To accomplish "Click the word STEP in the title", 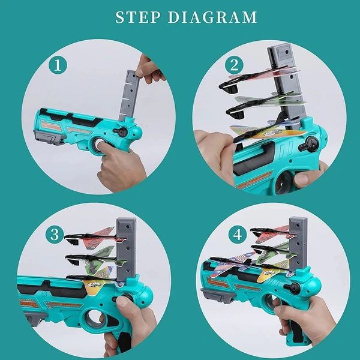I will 139,18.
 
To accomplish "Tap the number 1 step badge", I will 58,65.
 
